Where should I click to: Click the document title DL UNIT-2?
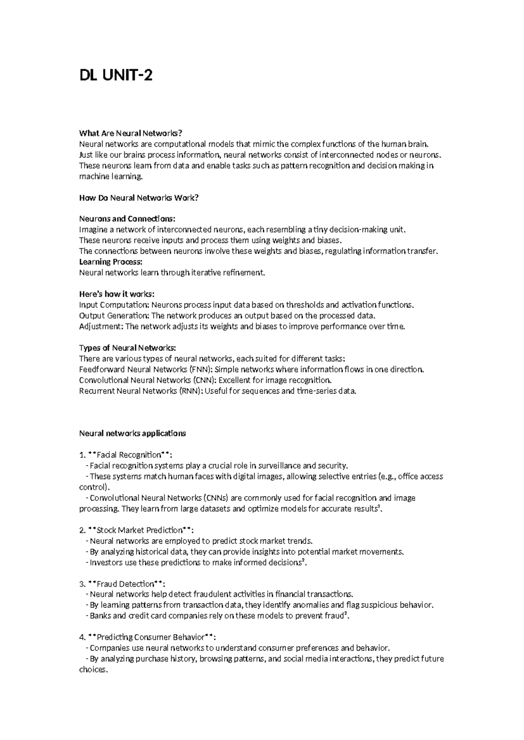[x=116, y=76]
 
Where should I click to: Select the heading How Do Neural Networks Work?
[x=138, y=198]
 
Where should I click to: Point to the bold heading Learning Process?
[x=110, y=262]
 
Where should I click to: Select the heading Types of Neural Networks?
[x=128, y=348]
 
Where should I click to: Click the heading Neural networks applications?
[x=132, y=433]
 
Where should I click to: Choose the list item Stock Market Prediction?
[x=139, y=530]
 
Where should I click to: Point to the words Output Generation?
[x=114, y=315]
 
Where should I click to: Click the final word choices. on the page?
[x=93, y=670]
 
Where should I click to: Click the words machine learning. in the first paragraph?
[x=110, y=177]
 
